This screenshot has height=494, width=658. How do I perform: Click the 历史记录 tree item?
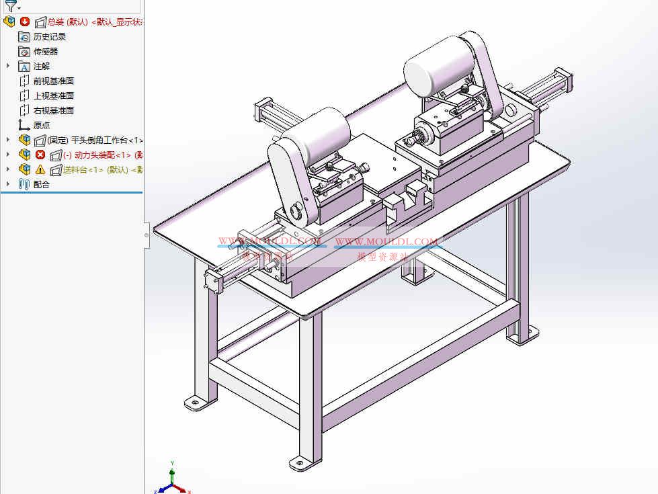click(x=50, y=37)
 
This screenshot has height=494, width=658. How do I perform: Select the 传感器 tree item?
click(x=46, y=52)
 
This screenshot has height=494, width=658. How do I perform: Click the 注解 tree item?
click(x=42, y=67)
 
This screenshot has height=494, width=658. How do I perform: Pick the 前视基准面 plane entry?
click(x=53, y=81)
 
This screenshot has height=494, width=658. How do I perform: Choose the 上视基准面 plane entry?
click(x=53, y=96)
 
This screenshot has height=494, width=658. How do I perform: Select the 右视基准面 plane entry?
click(x=53, y=111)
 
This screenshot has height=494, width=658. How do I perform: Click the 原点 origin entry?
click(x=42, y=126)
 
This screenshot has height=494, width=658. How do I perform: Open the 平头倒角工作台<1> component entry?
click(x=94, y=140)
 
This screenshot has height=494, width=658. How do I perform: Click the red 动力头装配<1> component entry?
click(x=101, y=155)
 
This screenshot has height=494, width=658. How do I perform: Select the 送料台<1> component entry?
click(x=101, y=170)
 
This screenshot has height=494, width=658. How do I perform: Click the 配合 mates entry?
click(x=42, y=185)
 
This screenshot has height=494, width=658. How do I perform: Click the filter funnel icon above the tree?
click(x=11, y=6)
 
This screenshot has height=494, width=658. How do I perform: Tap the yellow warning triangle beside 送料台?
click(x=40, y=170)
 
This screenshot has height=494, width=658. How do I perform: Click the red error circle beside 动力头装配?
click(x=40, y=155)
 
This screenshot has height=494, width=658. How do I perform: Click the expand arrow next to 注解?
click(x=8, y=66)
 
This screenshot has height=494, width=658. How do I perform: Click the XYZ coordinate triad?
click(x=173, y=481)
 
